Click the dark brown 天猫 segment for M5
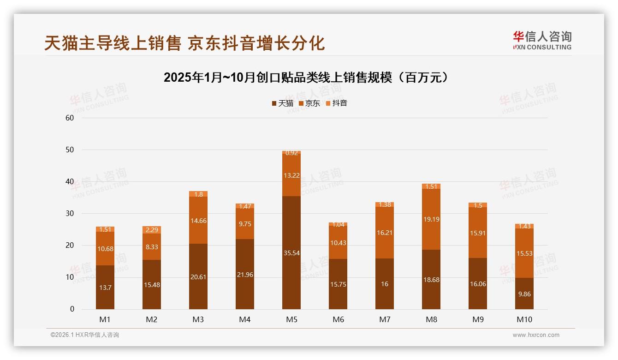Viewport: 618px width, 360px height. tap(291, 252)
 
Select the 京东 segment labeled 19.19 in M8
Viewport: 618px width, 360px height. tap(431, 219)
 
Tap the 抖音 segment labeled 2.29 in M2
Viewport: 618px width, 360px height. tap(152, 230)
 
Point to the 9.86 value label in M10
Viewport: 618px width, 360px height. tap(524, 294)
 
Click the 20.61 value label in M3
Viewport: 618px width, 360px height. tap(198, 277)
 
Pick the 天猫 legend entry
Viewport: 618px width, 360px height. tap(282, 103)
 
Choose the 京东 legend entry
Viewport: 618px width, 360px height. tap(309, 103)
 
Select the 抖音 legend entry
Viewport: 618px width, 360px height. tap(336, 103)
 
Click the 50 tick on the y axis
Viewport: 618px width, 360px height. tap(70, 150)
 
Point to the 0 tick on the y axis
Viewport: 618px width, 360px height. tap(72, 309)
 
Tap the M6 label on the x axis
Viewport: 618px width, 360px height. tap(338, 319)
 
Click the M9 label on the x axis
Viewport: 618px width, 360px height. tap(478, 319)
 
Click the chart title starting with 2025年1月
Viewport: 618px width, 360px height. tap(306, 78)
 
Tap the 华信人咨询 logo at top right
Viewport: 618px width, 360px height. tap(542, 41)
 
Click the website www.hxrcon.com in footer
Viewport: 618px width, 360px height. tap(536, 335)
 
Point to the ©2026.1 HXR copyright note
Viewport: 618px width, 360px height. tap(85, 335)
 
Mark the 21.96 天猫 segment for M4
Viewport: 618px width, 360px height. tap(245, 274)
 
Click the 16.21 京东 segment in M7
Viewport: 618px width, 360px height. tap(385, 233)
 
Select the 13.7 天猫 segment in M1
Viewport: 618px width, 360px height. tap(105, 287)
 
